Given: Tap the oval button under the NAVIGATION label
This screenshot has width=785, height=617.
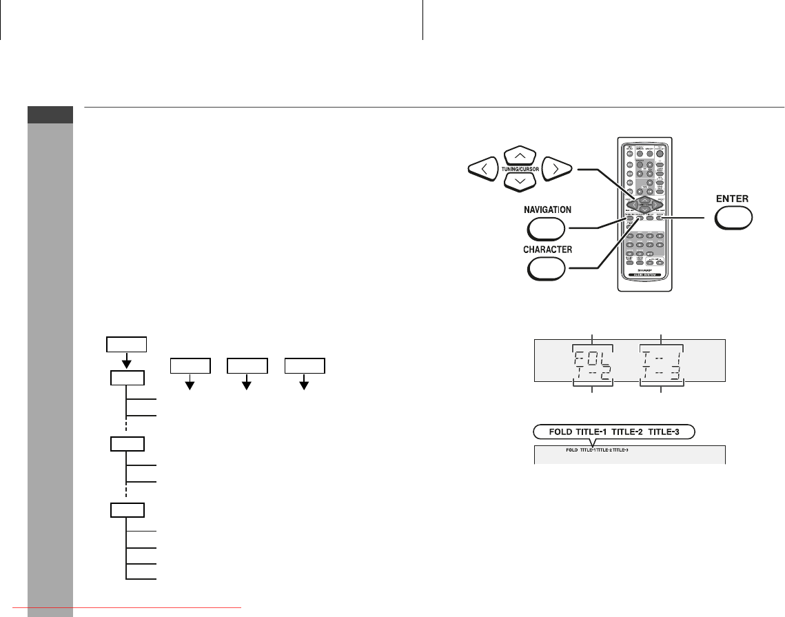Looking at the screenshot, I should point(546,229).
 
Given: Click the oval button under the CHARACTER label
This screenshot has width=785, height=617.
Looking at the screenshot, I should point(546,268).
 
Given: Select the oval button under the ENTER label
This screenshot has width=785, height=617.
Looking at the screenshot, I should point(734,217).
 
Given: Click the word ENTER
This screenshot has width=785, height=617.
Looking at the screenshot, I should point(733,197).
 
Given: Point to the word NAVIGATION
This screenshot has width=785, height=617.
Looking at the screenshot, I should point(547,209).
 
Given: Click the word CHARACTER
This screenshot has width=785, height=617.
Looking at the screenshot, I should point(547,249).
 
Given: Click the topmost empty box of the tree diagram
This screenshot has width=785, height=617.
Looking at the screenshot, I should point(127,343).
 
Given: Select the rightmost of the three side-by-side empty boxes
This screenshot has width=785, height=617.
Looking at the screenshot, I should point(305,366).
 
